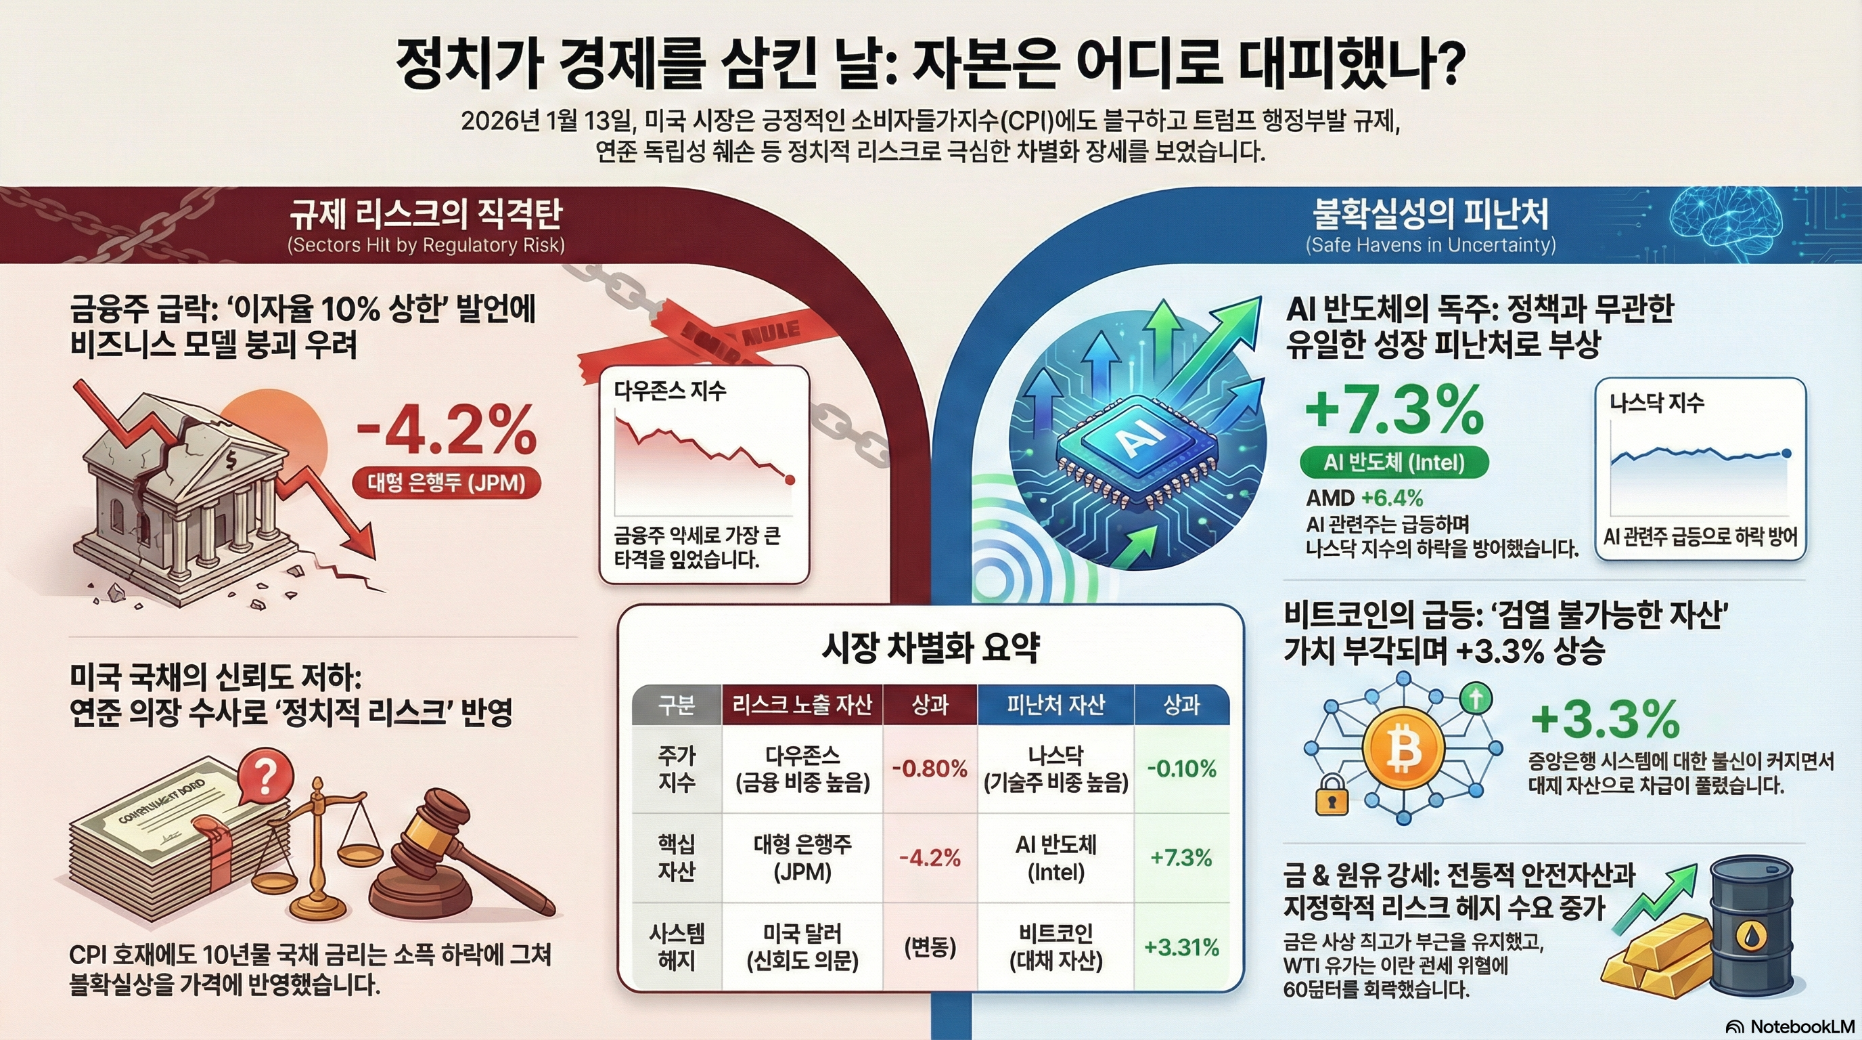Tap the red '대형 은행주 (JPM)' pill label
(x=446, y=482)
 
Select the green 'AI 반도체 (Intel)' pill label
(x=1394, y=462)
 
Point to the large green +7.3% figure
(x=1394, y=410)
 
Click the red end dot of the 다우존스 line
(x=790, y=479)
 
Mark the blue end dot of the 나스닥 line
(x=1787, y=454)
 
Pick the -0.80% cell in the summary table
(x=930, y=768)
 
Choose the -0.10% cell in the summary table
(x=1182, y=768)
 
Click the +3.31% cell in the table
(x=1182, y=947)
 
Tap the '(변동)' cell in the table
(x=930, y=947)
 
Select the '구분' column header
(x=677, y=704)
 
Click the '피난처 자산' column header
(x=1055, y=704)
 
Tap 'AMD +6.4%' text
(x=1364, y=498)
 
